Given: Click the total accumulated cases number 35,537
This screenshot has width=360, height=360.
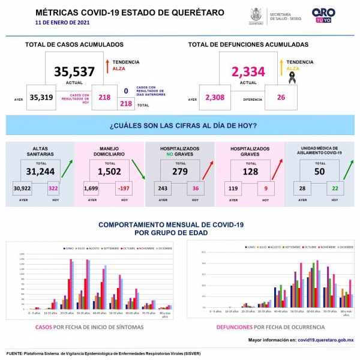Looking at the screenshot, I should pos(74,72).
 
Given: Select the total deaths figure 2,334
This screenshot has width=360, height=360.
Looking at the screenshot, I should pos(248,72).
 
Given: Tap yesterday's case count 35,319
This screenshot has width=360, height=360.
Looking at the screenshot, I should pos(41,97).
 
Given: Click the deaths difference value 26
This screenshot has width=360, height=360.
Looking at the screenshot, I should pos(281,97).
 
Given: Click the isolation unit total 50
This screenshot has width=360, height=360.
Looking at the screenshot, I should pos(319,171).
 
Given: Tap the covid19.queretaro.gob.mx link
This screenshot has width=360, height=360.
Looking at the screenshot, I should pos(325,340).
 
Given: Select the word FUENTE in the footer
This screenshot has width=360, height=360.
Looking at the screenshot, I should pos(17,353).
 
